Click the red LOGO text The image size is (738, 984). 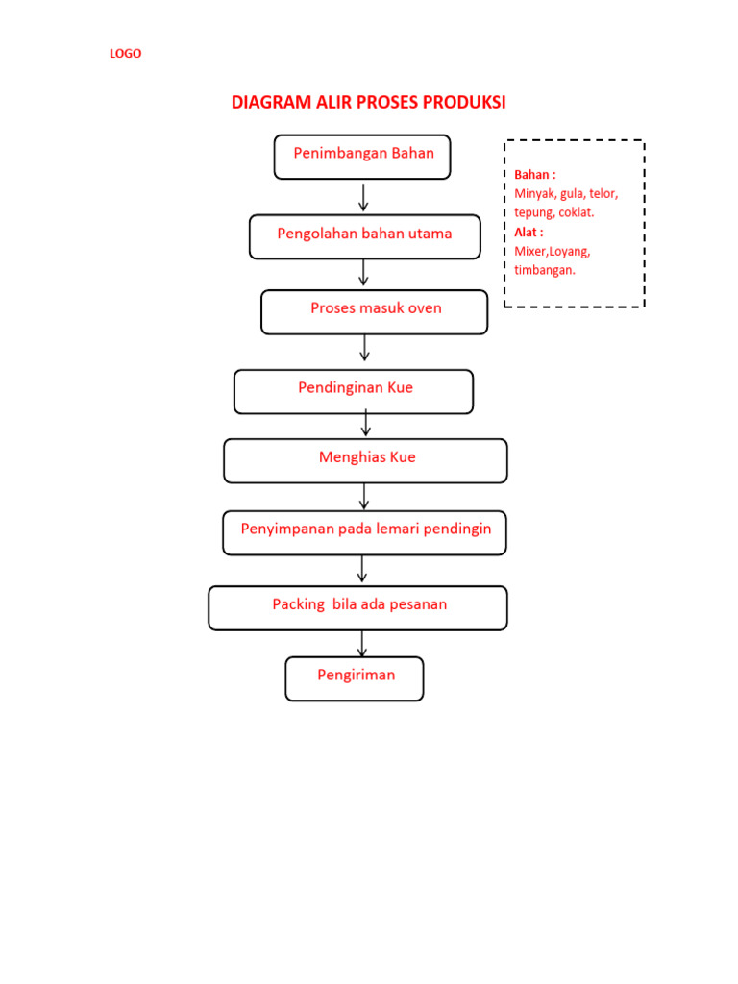coord(125,54)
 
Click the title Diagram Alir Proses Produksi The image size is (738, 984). coord(368,103)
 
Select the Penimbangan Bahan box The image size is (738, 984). coord(362,157)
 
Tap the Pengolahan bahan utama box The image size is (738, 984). coord(364,236)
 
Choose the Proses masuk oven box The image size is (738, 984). coord(374,311)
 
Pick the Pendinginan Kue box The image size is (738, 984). coord(354,391)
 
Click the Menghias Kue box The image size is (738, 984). coord(365,460)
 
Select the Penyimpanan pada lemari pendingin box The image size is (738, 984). coord(364,532)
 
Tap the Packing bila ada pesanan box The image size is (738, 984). coord(357,607)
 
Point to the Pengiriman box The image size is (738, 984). coord(354,678)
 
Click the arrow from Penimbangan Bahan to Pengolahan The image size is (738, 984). coord(363,197)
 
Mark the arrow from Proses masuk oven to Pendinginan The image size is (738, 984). coord(365,348)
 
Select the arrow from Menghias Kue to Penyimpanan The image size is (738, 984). coord(364,496)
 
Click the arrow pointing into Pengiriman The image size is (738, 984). coord(362,644)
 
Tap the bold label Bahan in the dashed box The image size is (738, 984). coord(535,175)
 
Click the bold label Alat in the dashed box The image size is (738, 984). coord(529,232)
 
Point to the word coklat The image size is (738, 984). coord(576,212)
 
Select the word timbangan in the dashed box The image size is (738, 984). coord(545,270)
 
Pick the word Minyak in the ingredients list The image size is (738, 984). coord(534,193)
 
